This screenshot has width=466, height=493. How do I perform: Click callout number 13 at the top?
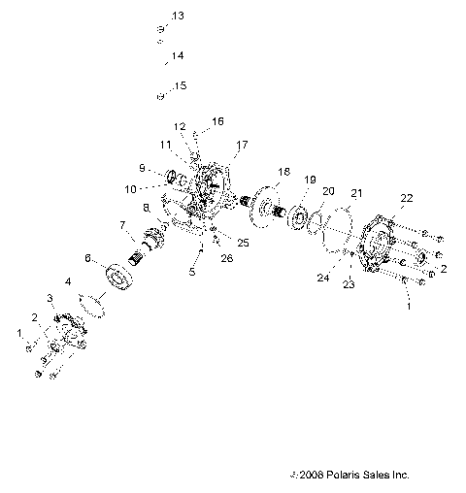click(x=177, y=16)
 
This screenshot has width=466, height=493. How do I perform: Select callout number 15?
click(x=179, y=85)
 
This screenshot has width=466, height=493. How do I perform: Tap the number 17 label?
click(x=241, y=145)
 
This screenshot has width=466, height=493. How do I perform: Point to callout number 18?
click(x=283, y=171)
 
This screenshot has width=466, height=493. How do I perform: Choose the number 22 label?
click(x=406, y=198)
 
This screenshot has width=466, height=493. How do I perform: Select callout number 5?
click(x=192, y=273)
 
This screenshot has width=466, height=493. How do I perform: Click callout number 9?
click(x=142, y=168)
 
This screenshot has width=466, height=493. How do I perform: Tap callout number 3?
click(x=50, y=296)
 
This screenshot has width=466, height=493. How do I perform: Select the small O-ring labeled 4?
click(x=93, y=302)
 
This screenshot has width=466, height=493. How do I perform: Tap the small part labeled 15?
click(x=158, y=96)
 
